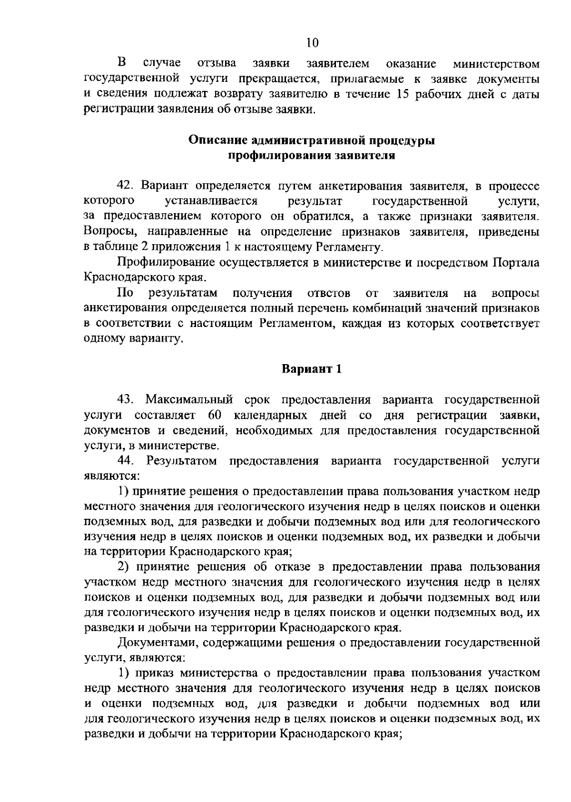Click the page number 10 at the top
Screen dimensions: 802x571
pos(312,43)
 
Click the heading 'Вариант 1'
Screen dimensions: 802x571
pos(312,369)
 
